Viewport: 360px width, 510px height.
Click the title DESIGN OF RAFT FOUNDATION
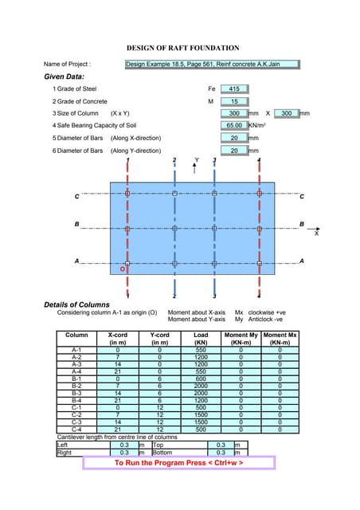(x=182, y=48)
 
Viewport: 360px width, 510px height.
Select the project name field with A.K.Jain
(x=212, y=64)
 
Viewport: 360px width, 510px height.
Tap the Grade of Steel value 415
(x=234, y=88)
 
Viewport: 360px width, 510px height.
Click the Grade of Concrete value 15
(x=234, y=101)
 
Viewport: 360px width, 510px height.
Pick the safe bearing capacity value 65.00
(x=234, y=125)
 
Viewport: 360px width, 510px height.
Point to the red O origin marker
(x=122, y=269)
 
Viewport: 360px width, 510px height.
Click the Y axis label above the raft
(x=197, y=160)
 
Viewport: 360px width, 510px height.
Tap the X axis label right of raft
(x=316, y=234)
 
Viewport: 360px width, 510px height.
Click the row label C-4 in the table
(x=76, y=430)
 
